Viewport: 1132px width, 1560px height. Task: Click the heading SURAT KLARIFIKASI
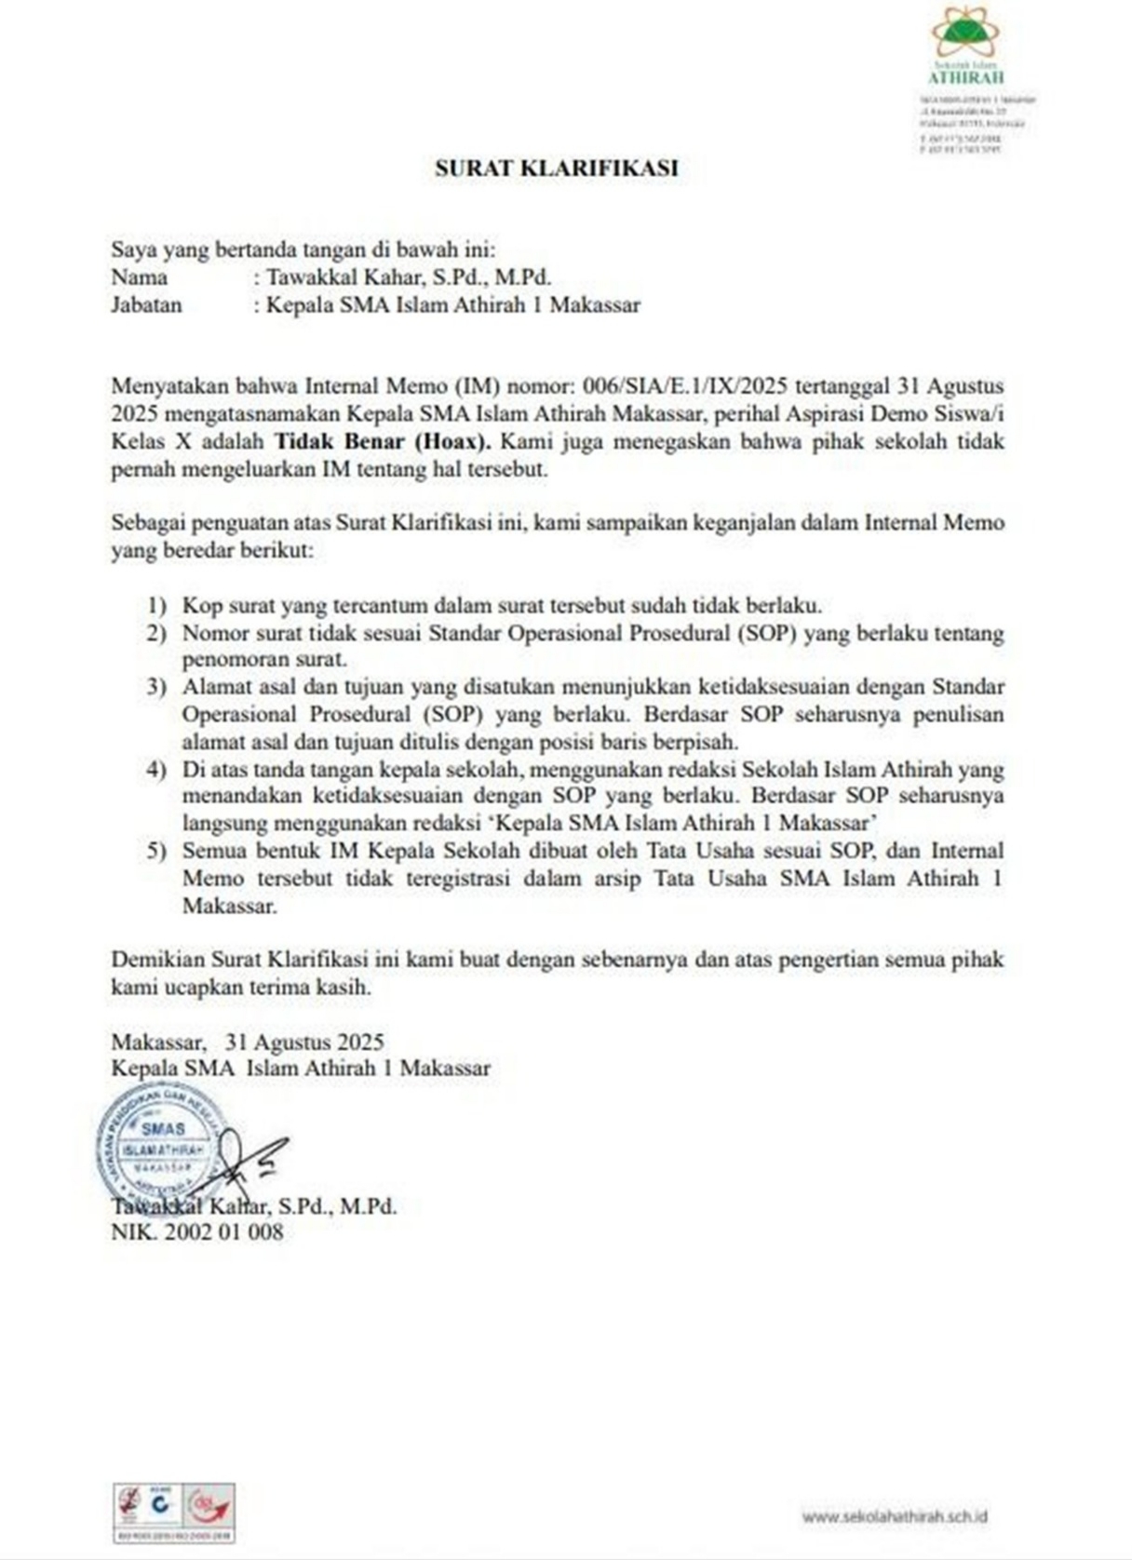556,168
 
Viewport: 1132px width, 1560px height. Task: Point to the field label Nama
140,277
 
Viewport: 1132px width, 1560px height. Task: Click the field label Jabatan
146,305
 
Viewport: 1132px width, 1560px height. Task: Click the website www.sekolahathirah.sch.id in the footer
895,1516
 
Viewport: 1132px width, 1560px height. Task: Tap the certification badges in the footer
173,1513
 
